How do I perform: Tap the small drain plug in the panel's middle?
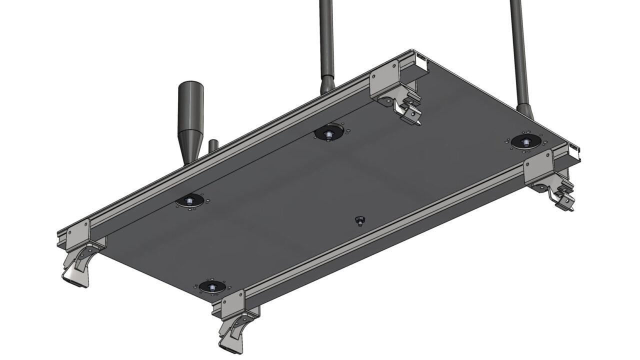click(358, 220)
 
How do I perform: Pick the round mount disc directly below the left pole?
click(328, 133)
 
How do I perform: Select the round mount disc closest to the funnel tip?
click(190, 201)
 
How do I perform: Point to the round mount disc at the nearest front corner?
click(212, 287)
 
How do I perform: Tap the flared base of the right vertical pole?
click(524, 110)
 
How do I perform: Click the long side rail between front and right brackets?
click(385, 230)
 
